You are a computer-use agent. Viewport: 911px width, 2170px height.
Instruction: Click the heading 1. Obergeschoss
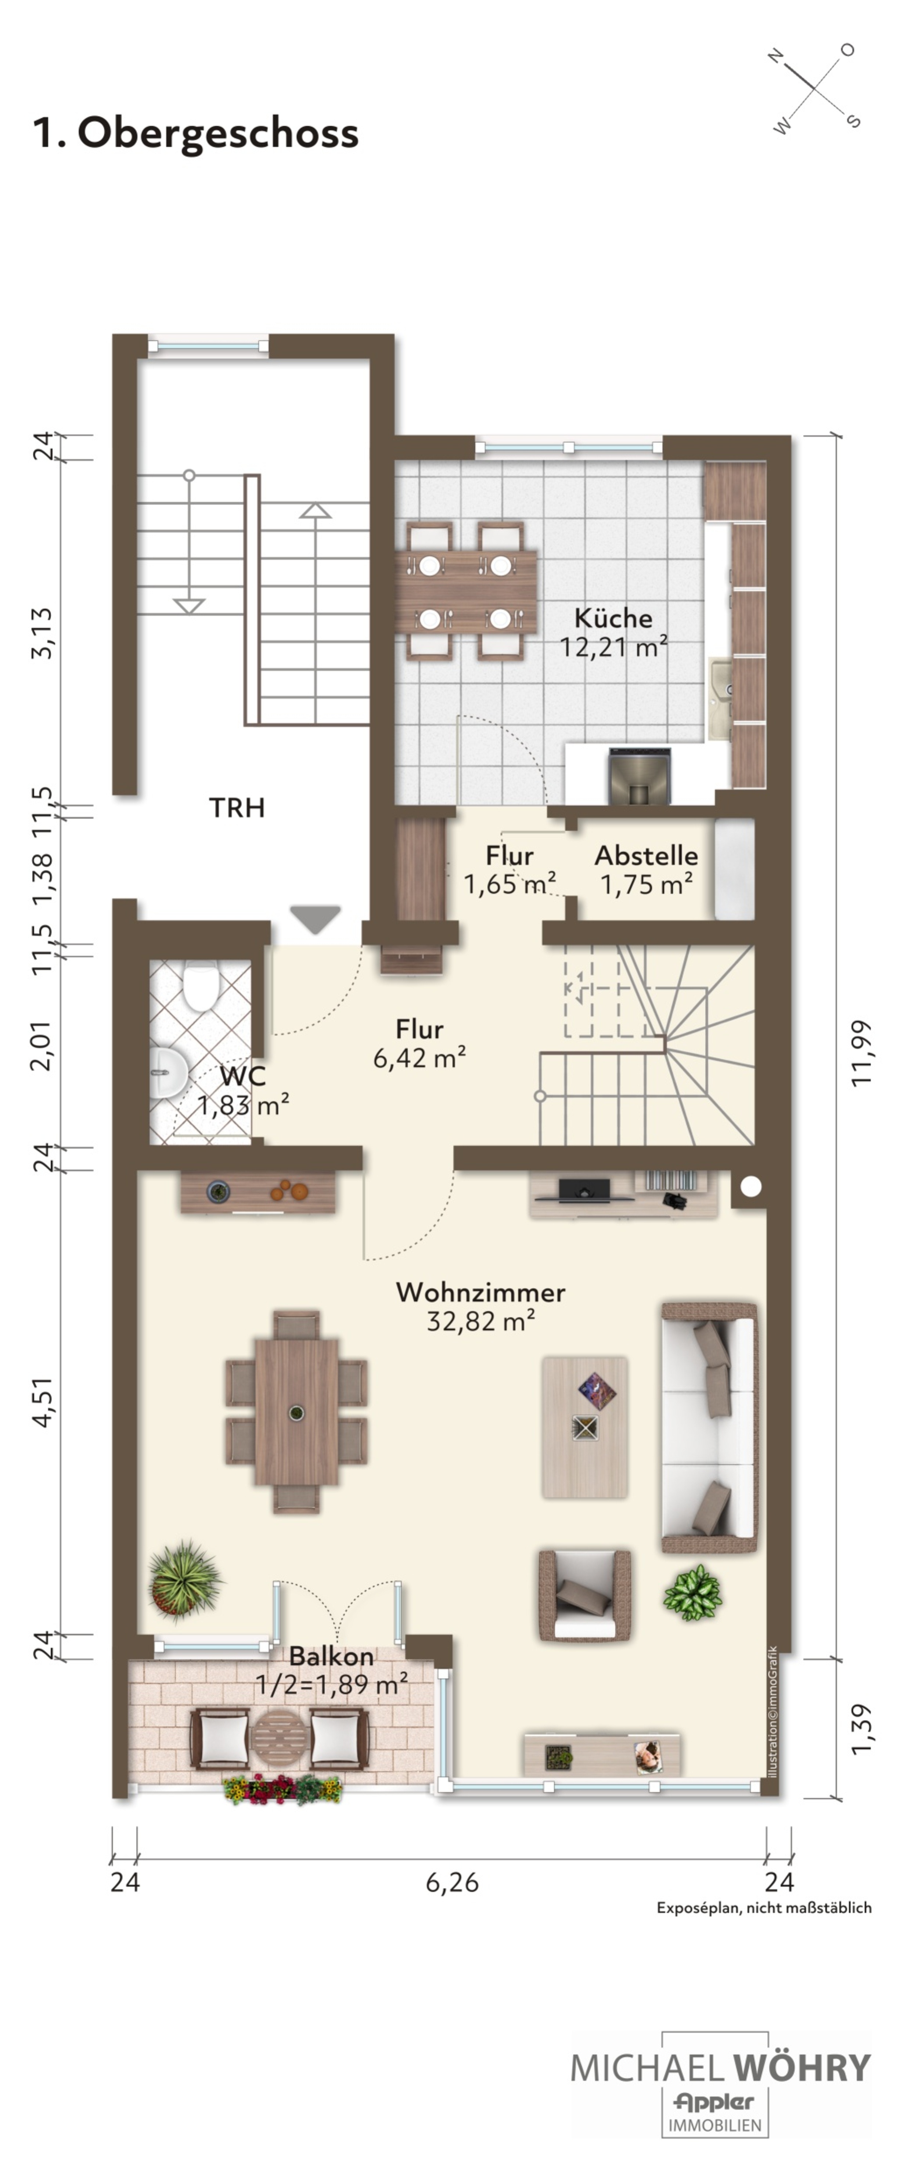pyautogui.click(x=195, y=133)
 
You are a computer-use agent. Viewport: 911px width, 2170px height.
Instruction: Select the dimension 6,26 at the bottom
pyautogui.click(x=453, y=1883)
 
